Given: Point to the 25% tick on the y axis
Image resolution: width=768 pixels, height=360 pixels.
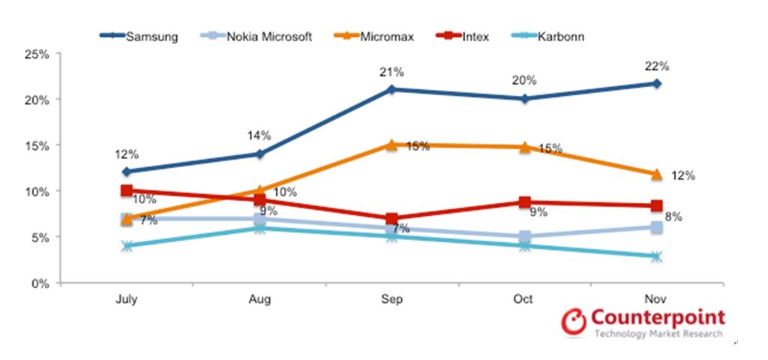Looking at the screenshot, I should (x=37, y=54).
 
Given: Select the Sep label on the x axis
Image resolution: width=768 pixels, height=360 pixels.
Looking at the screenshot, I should (x=392, y=299).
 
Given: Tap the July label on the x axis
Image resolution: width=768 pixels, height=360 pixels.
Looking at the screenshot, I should (x=127, y=299).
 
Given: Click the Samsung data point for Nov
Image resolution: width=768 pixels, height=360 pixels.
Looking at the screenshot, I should (x=656, y=83).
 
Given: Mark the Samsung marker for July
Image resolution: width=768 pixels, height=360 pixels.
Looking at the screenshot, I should (x=127, y=172).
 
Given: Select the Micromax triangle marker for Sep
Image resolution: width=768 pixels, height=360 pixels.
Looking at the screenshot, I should (x=391, y=145).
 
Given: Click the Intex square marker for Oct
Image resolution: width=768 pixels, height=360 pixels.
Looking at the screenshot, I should (x=524, y=202).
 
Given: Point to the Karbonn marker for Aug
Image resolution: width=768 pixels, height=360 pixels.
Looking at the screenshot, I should (x=259, y=228).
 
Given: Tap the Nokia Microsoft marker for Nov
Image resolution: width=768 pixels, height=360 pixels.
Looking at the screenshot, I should (x=656, y=227).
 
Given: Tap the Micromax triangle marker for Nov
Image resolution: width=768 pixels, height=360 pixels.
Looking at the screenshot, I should (x=656, y=175).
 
